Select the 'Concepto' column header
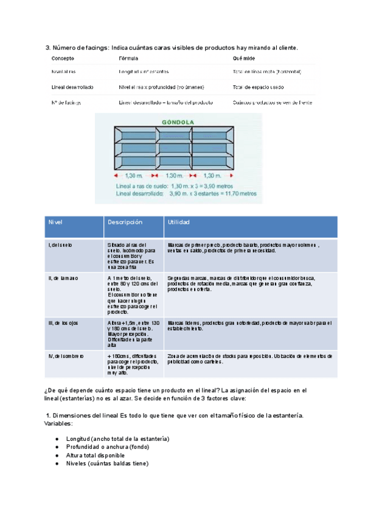(63, 59)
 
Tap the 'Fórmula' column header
(128, 59)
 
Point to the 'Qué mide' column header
(243, 59)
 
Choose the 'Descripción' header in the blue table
(125, 223)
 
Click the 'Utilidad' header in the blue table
(178, 223)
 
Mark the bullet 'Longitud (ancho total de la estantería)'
(117, 439)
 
